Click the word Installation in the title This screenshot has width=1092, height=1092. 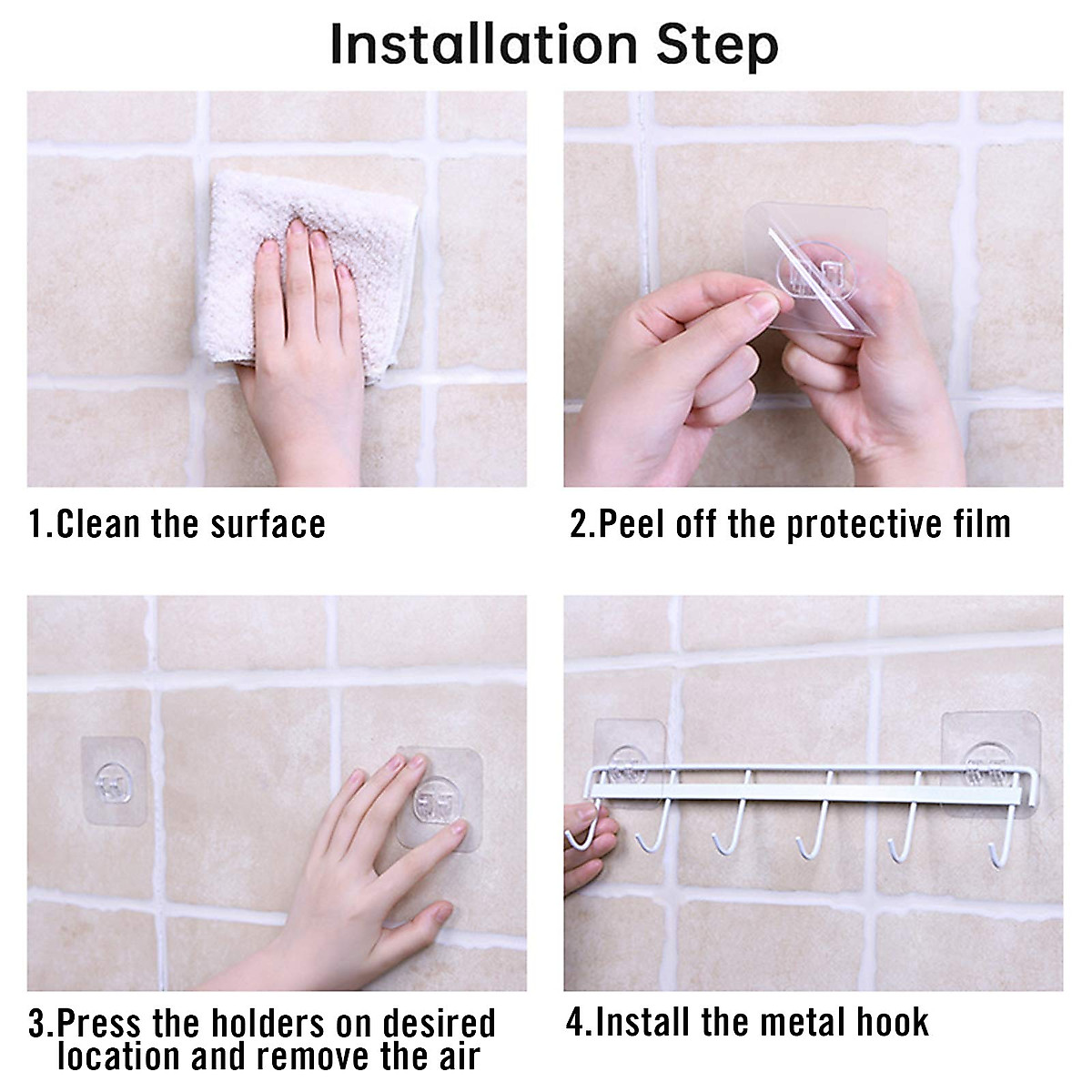(x=484, y=45)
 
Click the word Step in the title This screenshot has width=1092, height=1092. (x=717, y=47)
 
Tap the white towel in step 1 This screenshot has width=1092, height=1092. (x=308, y=272)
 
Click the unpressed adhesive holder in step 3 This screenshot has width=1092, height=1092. (x=114, y=781)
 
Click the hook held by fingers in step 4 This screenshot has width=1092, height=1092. (x=583, y=827)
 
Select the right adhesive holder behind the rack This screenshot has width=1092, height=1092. (x=991, y=764)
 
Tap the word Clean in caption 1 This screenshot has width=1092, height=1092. (x=97, y=523)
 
